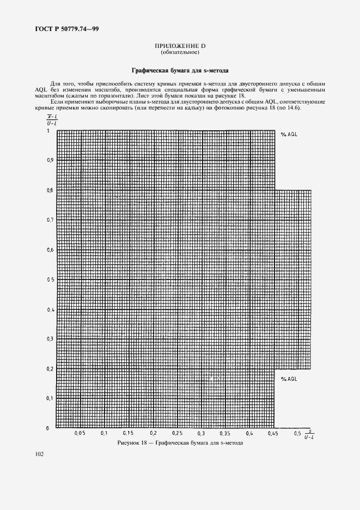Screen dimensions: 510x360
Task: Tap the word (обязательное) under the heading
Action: pyautogui.click(x=179, y=53)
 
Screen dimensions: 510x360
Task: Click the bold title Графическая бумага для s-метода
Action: pyautogui.click(x=180, y=70)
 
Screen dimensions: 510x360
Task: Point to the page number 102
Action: pyautogui.click(x=39, y=454)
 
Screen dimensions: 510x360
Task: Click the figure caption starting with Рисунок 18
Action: pyautogui.click(x=180, y=443)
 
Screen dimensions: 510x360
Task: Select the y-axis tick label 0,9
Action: pyautogui.click(x=50, y=160)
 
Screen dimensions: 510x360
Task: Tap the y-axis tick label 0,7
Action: pyautogui.click(x=50, y=220)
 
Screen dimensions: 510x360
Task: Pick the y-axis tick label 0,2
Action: pyautogui.click(x=50, y=368)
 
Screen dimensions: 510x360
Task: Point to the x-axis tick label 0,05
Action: pyautogui.click(x=80, y=434)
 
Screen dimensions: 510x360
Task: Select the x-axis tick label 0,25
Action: pyautogui.click(x=176, y=434)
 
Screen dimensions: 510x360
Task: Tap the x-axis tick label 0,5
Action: pyautogui.click(x=297, y=434)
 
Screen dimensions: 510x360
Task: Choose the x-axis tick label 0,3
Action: pyautogui.click(x=201, y=434)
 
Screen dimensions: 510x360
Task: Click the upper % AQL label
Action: pyautogui.click(x=289, y=134)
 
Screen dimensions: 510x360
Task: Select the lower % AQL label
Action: pyautogui.click(x=289, y=378)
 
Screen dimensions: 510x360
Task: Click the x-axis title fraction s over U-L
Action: pyautogui.click(x=309, y=433)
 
